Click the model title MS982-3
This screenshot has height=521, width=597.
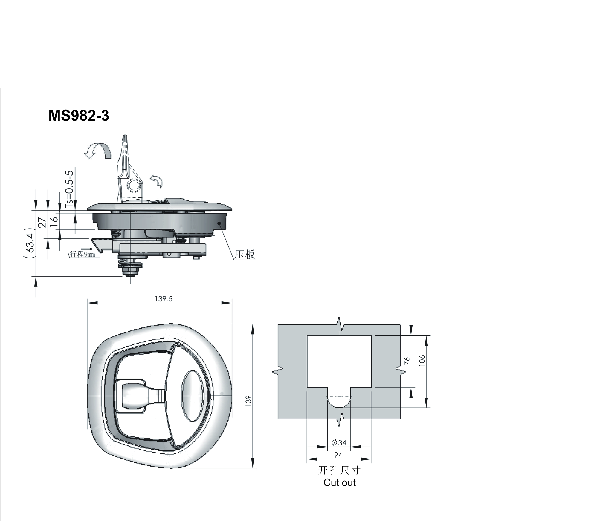[79, 116]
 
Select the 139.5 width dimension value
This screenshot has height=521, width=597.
[164, 299]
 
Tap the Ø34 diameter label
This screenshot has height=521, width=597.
[339, 442]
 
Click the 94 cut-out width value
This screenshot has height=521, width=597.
[338, 455]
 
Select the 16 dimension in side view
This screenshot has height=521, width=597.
[54, 221]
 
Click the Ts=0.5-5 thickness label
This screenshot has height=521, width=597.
[69, 189]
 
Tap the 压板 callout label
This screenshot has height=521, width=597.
[245, 255]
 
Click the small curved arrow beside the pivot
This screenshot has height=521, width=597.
[156, 181]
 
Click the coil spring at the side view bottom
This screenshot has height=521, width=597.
[130, 264]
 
